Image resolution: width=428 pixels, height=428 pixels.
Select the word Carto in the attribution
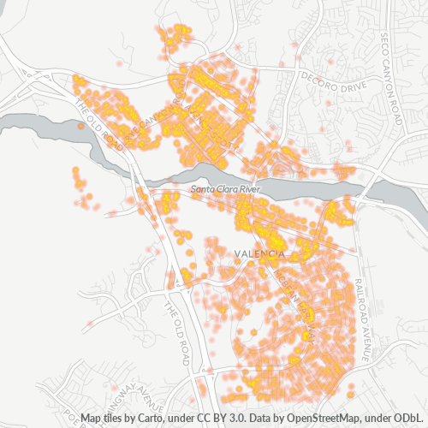[x=164, y=419]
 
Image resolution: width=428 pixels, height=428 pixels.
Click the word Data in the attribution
[x=265, y=419]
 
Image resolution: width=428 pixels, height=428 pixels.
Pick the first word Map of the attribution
[x=92, y=419]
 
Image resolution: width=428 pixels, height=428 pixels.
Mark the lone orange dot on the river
[x=80, y=126]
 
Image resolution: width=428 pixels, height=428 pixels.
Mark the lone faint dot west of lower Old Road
[x=89, y=323]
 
